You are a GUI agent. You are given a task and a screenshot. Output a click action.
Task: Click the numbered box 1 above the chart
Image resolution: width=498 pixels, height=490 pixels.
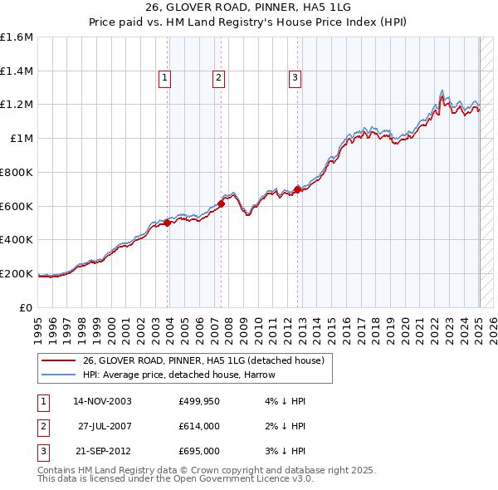click(x=165, y=78)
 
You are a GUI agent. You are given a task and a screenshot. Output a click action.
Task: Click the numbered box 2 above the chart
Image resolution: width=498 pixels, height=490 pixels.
click(x=218, y=78)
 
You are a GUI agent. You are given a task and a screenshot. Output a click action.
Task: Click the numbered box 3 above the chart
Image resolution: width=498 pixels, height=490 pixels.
click(x=295, y=78)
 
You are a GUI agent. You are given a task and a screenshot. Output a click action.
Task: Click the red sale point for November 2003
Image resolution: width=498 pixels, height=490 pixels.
click(x=168, y=223)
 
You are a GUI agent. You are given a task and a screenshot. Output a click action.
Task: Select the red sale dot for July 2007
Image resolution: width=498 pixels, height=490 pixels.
click(x=222, y=203)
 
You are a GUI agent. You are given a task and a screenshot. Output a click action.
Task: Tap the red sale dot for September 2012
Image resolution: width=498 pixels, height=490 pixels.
click(x=297, y=189)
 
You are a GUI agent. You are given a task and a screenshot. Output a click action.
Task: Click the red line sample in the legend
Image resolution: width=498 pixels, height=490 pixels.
click(x=58, y=360)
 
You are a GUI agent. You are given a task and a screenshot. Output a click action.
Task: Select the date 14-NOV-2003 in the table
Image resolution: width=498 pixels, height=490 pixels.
click(x=102, y=401)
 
